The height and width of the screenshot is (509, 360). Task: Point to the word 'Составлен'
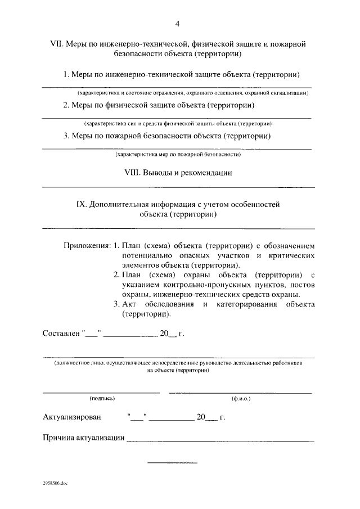pos(61,333)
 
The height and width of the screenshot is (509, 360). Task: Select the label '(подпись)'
pos(102,398)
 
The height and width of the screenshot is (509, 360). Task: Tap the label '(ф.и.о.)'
pos(241,398)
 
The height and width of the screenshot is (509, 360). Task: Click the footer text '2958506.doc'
pos(55,484)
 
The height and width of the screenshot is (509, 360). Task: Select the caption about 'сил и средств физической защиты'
pos(178,123)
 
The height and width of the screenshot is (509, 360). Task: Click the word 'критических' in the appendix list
pos(292,255)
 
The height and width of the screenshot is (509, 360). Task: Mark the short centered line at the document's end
pos(172,463)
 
